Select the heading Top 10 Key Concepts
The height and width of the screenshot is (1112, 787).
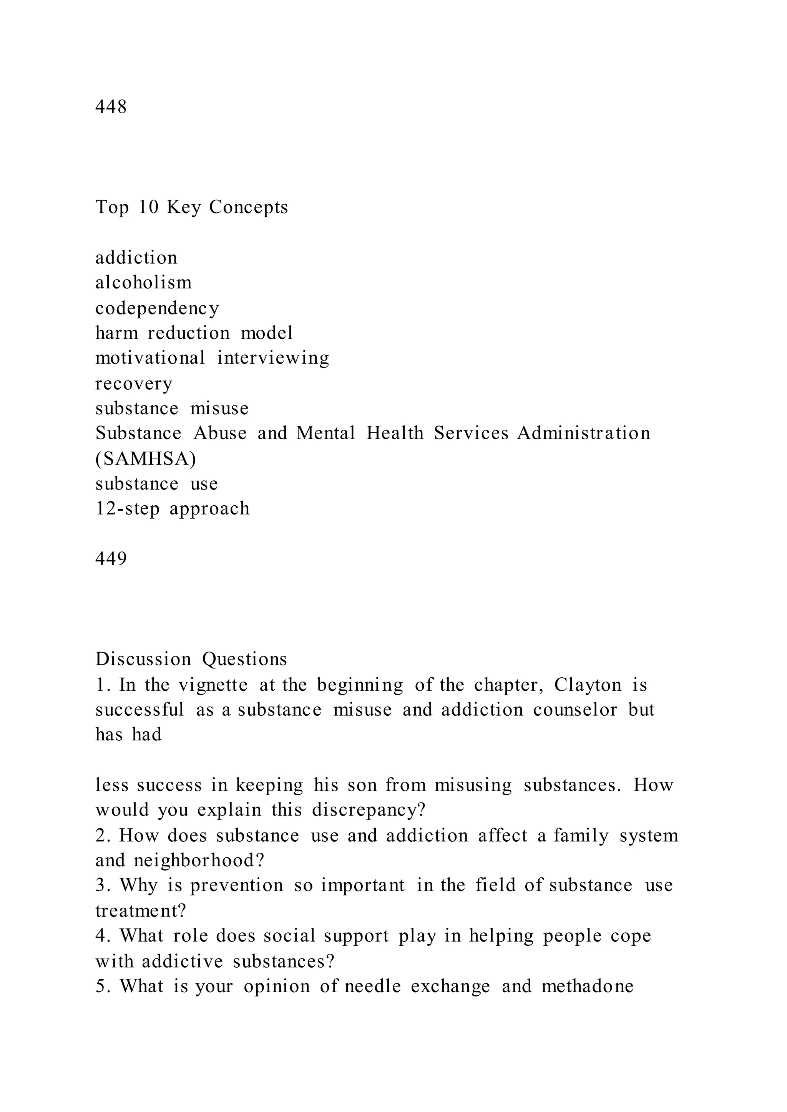(191, 207)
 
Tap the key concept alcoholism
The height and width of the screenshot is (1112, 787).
(143, 282)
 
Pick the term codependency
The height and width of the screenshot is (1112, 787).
(157, 308)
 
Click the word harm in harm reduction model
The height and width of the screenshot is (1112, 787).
(116, 333)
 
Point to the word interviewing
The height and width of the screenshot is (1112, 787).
(273, 358)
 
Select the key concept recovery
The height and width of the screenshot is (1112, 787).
(134, 384)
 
